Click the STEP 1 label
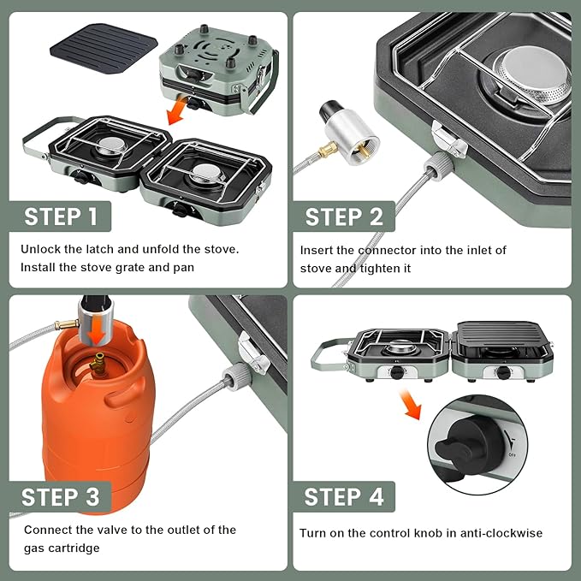(61, 216)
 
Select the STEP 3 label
(61, 496)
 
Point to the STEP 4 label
(344, 496)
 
